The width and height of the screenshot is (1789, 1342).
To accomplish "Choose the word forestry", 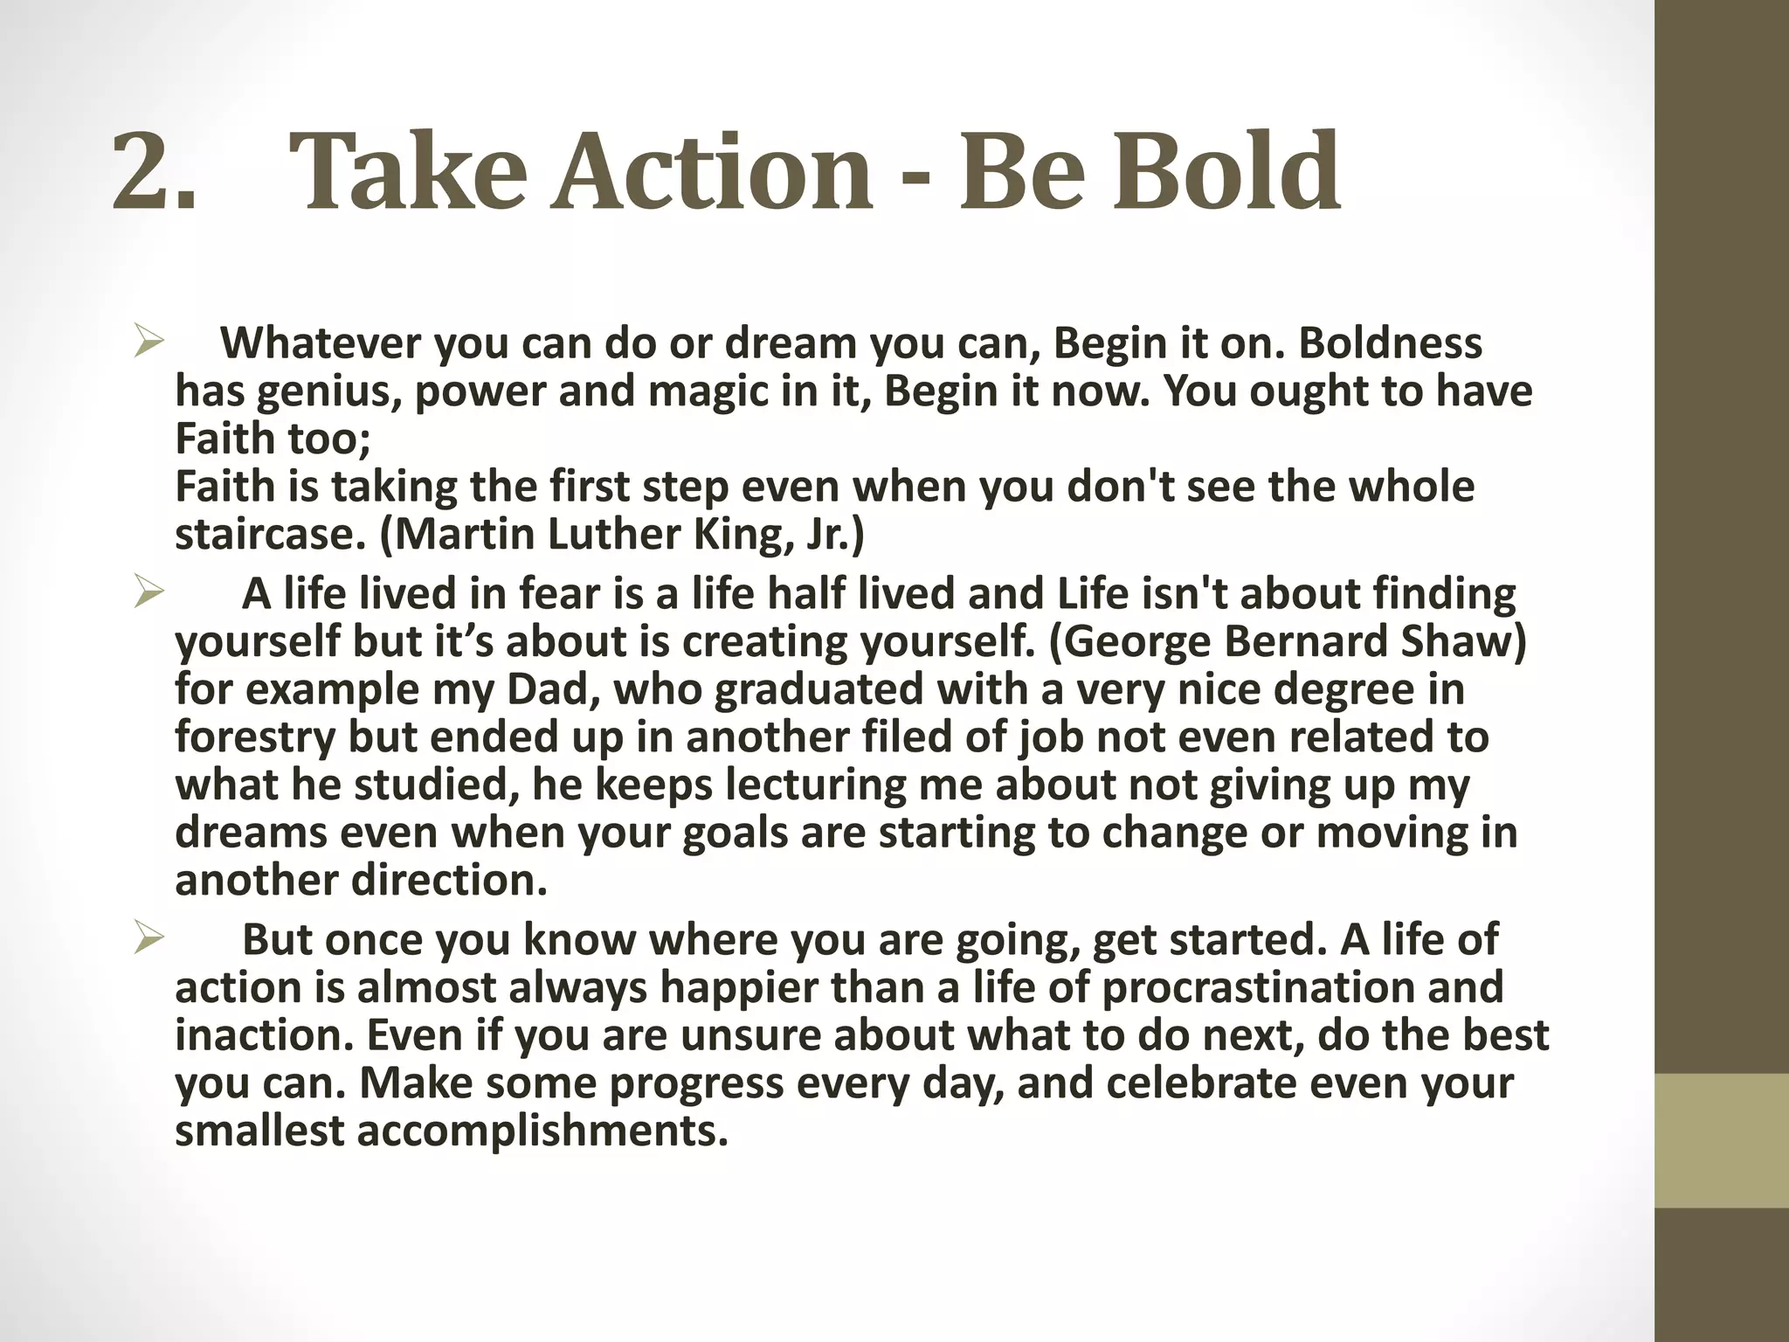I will [255, 737].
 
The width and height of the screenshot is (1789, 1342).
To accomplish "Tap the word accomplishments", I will [542, 1131].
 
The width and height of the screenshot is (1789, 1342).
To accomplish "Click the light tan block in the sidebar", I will [1722, 1141].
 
